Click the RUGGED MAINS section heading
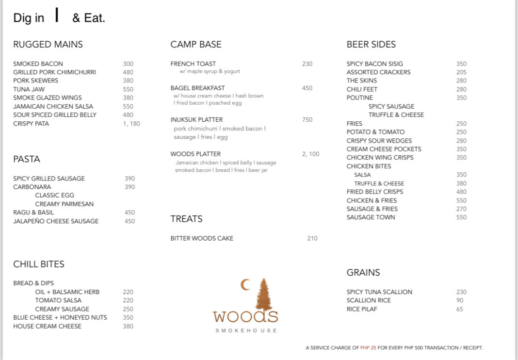[48, 45]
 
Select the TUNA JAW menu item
[29, 89]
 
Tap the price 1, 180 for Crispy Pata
[131, 124]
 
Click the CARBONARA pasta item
[32, 187]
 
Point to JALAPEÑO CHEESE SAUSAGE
[56, 221]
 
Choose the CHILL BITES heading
[39, 264]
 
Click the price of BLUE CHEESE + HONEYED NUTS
[128, 317]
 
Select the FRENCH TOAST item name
[193, 64]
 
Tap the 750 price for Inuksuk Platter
[307, 120]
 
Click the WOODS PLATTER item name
[195, 154]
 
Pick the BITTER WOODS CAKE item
[202, 238]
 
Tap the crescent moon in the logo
[245, 285]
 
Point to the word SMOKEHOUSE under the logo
[246, 330]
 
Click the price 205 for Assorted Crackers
[461, 72]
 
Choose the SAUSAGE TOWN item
[371, 217]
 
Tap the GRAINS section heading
[363, 273]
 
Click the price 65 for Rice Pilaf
[459, 309]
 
